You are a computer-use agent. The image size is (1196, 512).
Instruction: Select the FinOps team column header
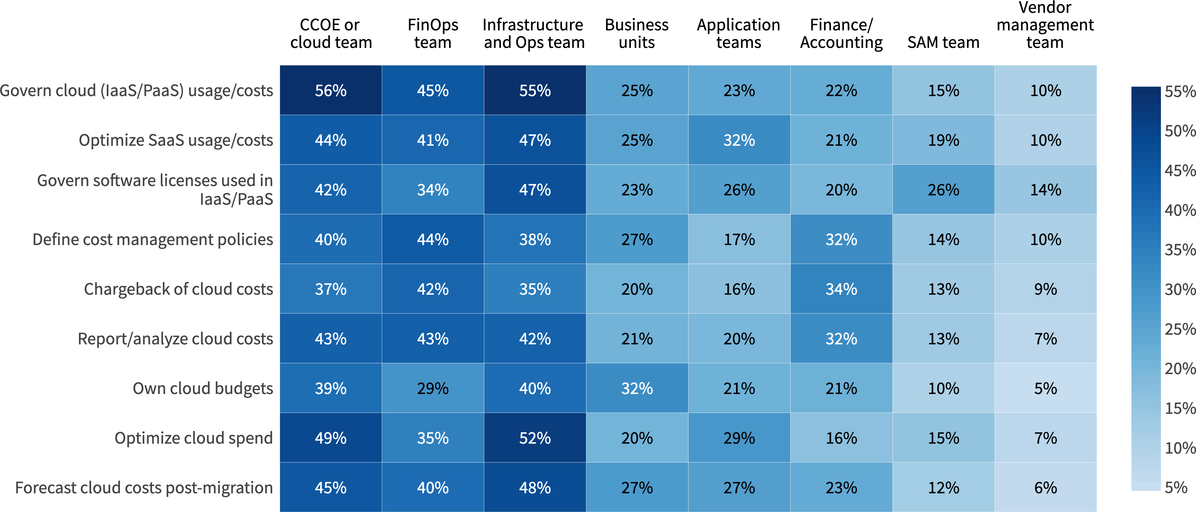coord(433,33)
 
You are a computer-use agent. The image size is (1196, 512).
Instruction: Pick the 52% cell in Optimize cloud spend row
coord(535,438)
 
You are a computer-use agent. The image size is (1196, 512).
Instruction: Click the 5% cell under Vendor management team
coord(1046,388)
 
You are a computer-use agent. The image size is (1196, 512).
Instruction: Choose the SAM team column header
coord(943,42)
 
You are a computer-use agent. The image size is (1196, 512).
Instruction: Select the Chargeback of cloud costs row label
coord(178,289)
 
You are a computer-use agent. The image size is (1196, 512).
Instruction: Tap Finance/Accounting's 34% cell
coord(841,289)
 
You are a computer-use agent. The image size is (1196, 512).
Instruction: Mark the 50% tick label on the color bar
coord(1179,131)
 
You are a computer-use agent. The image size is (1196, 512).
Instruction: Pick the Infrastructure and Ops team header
coord(534,33)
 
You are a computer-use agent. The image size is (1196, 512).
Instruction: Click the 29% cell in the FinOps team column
coord(433,388)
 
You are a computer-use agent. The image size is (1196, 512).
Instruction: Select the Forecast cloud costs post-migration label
coord(144,487)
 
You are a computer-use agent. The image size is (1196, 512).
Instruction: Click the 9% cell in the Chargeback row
coord(1046,289)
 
